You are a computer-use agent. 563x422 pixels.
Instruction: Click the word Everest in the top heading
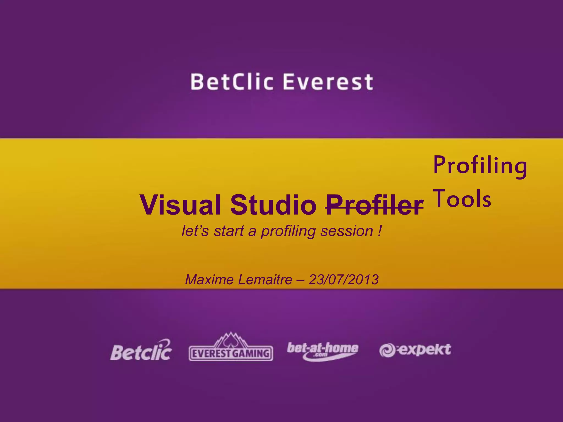tap(328, 82)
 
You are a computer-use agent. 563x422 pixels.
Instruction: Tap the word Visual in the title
tap(180, 205)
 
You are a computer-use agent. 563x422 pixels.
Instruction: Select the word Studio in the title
tap(273, 205)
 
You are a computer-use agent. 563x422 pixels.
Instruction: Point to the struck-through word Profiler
tap(374, 205)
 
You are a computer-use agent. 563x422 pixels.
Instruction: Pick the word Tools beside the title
tap(462, 198)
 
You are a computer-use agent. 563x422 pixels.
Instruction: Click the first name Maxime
tap(209, 280)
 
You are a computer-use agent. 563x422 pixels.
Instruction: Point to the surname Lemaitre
tap(265, 280)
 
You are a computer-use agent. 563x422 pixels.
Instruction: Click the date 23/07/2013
tap(344, 280)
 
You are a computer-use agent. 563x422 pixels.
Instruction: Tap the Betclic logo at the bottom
tap(141, 350)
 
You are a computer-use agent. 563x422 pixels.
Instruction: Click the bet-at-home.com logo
tap(322, 351)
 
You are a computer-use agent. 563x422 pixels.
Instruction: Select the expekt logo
tap(415, 350)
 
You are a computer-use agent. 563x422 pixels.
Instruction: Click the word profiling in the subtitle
tap(288, 231)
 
